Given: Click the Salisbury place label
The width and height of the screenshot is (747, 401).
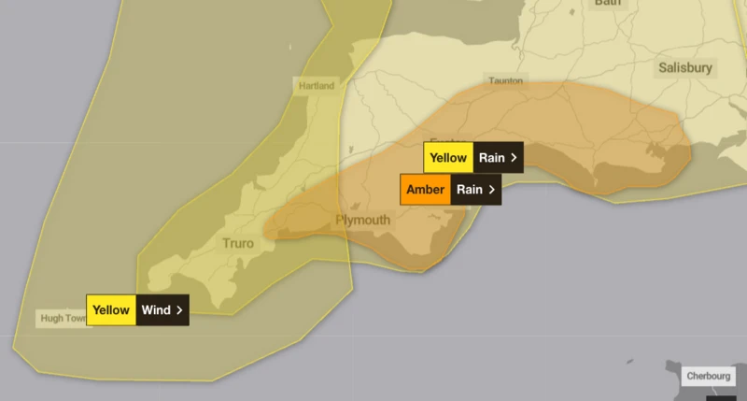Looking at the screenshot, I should (x=685, y=67).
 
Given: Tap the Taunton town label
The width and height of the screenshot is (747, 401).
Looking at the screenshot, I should (x=504, y=81).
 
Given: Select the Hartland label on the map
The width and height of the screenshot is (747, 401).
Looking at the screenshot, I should (x=317, y=86).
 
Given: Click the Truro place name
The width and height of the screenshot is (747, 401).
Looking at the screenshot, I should (x=238, y=244).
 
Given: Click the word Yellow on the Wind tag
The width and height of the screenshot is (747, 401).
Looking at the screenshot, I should (x=111, y=309).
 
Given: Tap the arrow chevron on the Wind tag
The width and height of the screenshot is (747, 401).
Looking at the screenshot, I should (x=179, y=309).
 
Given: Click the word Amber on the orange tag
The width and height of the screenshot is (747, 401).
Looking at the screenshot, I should (x=426, y=190).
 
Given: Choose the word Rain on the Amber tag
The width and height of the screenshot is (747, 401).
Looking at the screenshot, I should (x=468, y=190).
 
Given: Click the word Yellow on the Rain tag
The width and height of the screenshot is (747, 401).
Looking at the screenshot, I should (x=448, y=157).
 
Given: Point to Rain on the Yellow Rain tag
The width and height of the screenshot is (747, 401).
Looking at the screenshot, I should (x=491, y=157).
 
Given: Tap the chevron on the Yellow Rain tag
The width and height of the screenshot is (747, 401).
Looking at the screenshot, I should (x=514, y=157).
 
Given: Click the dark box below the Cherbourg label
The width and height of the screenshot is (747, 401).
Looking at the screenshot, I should (x=720, y=396).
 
